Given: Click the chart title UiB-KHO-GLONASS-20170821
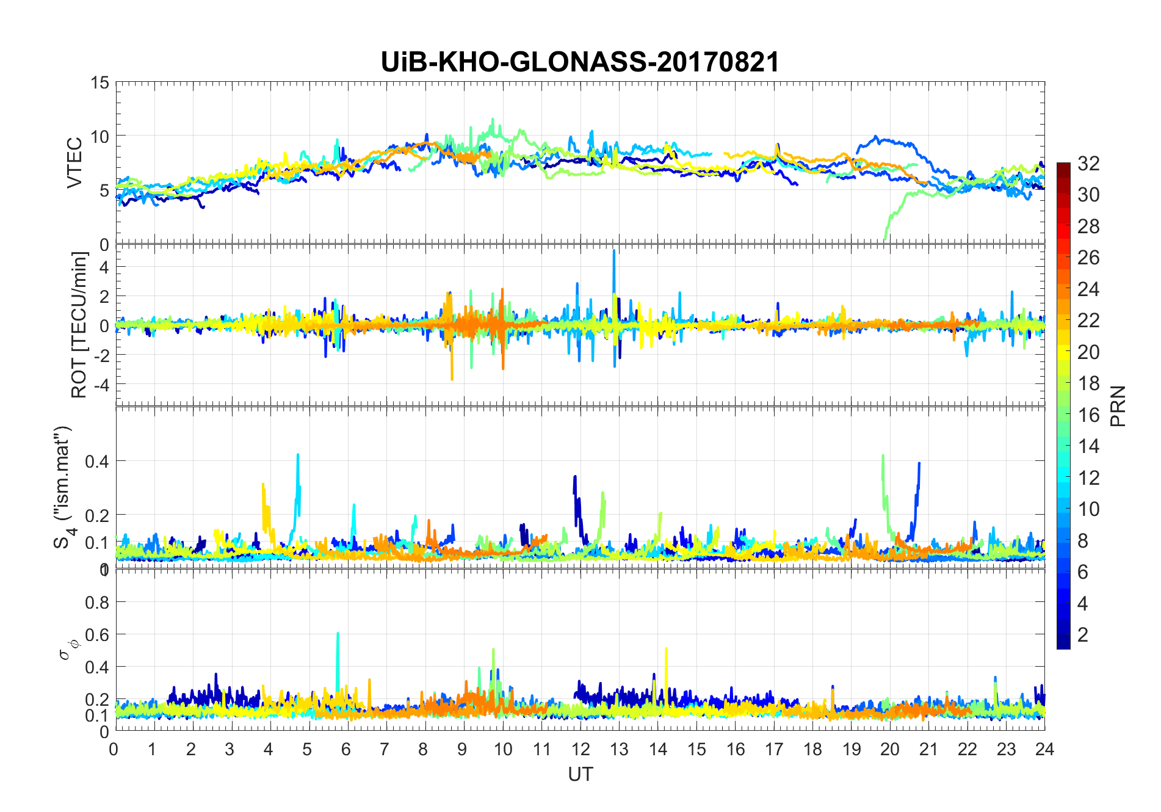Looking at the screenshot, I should [580, 62].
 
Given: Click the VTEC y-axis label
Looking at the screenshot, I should [74, 163].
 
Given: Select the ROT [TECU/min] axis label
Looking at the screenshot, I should [79, 325].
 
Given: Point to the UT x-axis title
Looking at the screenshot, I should [580, 774].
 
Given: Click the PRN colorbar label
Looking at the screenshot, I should [1118, 406].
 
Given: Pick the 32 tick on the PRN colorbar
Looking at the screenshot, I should [1088, 164].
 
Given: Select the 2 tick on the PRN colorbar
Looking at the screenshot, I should [1083, 635].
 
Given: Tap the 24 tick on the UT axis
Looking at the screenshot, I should [1044, 749].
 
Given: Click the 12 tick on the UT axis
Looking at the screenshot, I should [580, 749].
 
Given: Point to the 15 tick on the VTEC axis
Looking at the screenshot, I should [99, 82].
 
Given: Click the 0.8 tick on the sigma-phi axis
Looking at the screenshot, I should [97, 603].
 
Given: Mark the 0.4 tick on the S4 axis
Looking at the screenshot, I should [97, 461].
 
